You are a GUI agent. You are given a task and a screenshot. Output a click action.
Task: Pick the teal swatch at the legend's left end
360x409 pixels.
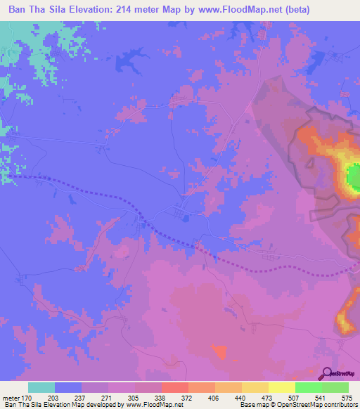(x=41, y=387)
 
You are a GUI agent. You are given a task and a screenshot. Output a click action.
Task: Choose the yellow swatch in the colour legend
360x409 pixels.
(x=281, y=387)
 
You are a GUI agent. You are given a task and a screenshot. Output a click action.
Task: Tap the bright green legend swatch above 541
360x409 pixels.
(x=308, y=387)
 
